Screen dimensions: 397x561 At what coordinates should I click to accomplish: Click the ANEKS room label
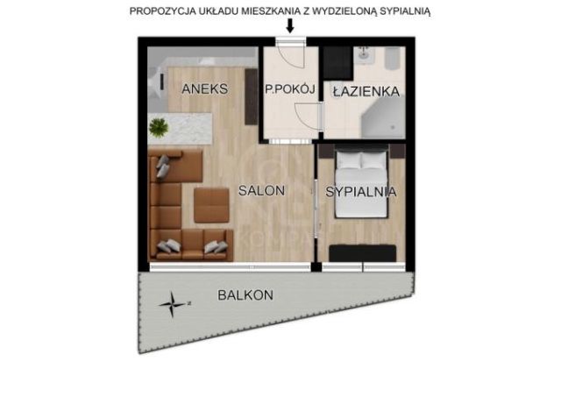point(206,89)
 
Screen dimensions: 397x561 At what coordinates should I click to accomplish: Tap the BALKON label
point(246,295)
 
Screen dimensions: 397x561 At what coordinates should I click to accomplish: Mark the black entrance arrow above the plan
point(290,27)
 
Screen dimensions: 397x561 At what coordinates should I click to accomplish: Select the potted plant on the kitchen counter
point(159,128)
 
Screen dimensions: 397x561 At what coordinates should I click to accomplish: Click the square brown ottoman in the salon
point(210,204)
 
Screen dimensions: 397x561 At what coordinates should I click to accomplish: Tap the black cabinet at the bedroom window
point(365,252)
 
